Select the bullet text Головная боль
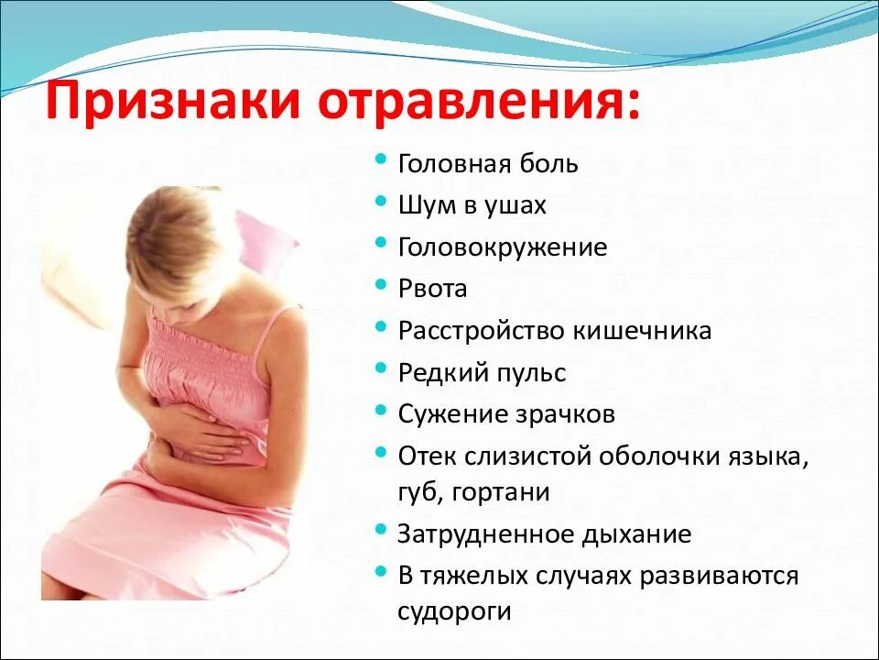coord(488,164)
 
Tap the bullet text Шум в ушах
coord(472,205)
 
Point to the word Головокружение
coord(503,247)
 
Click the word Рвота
coord(432,289)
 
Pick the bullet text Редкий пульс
coord(482,373)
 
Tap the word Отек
coord(426,456)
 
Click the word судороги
coord(453,611)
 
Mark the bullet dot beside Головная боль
coord(382,161)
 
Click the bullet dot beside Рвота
coord(382,286)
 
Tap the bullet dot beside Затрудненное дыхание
coord(382,531)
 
